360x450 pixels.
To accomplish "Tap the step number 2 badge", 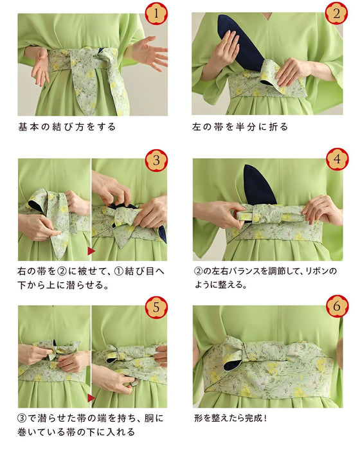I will [x=337, y=13].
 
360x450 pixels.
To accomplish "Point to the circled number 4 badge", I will [x=337, y=159].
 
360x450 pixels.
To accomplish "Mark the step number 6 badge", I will [x=337, y=307].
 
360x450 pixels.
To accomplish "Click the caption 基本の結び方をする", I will [x=67, y=127].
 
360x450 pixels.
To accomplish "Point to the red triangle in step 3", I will [x=91, y=249].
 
